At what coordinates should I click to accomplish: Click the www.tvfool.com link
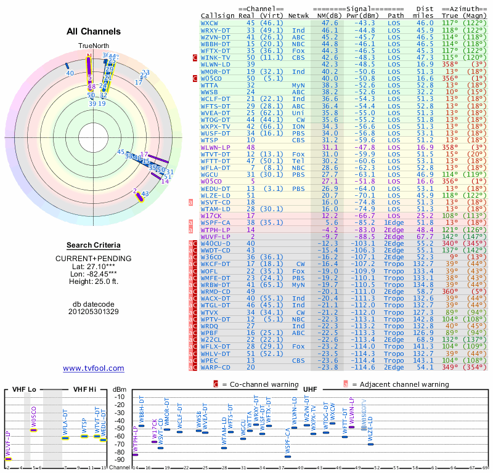93,368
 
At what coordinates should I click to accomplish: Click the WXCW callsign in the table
210,23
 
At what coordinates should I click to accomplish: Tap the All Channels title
94,31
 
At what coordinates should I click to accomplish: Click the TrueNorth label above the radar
93,46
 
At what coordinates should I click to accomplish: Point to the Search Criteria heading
94,245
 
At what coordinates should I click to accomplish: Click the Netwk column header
299,15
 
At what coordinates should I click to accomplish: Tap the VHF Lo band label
23,389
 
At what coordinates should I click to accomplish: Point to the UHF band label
310,389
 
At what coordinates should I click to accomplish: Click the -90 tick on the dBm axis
120,459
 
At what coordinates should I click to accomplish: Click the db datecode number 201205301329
94,312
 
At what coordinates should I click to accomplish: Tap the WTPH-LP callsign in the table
214,230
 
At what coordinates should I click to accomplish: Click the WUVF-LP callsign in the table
214,236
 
